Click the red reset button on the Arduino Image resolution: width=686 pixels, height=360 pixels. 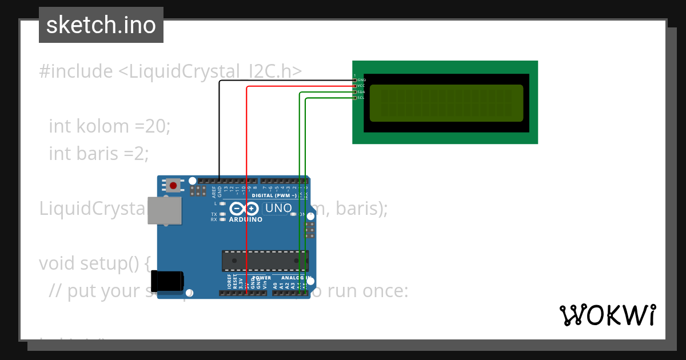click(x=173, y=185)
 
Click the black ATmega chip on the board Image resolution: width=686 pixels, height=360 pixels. click(x=265, y=260)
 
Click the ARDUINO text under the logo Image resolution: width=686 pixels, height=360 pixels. click(x=246, y=219)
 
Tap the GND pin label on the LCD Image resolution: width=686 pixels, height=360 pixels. click(x=361, y=80)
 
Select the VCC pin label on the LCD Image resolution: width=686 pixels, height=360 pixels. click(x=361, y=86)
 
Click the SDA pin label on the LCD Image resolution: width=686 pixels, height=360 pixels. click(x=361, y=92)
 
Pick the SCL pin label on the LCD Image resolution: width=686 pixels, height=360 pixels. click(x=361, y=98)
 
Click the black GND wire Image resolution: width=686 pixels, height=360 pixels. click(x=220, y=126)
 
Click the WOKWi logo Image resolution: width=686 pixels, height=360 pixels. click(x=608, y=315)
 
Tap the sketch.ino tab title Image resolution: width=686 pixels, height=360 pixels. click(x=101, y=25)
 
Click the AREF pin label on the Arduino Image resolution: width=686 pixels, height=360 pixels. click(x=214, y=191)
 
